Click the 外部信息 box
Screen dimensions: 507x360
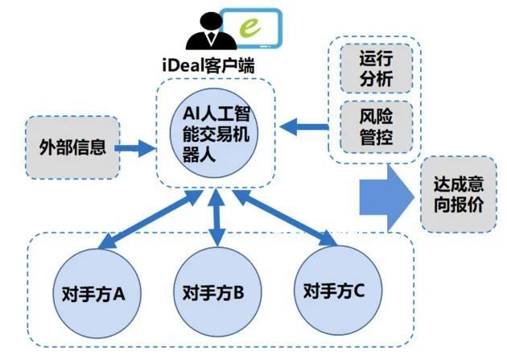click(72, 147)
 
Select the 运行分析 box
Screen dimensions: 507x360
click(377, 68)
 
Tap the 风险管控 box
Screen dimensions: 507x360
click(377, 126)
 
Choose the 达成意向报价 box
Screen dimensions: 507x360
click(459, 194)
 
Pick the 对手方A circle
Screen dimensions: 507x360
click(97, 293)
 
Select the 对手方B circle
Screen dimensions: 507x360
click(217, 292)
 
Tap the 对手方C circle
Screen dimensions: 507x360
click(339, 290)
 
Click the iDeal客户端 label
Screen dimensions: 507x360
click(208, 66)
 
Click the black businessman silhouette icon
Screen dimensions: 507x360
click(211, 31)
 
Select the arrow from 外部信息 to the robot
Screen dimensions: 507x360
click(136, 148)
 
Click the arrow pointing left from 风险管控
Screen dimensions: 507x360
click(304, 126)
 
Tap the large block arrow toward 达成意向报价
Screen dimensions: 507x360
click(387, 198)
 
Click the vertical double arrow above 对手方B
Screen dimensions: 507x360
click(216, 217)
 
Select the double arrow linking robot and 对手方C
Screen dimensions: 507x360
click(286, 219)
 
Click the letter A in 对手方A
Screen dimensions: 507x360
click(118, 294)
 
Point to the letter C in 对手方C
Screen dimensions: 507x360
click(358, 290)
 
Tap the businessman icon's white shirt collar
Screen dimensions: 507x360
click(211, 38)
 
